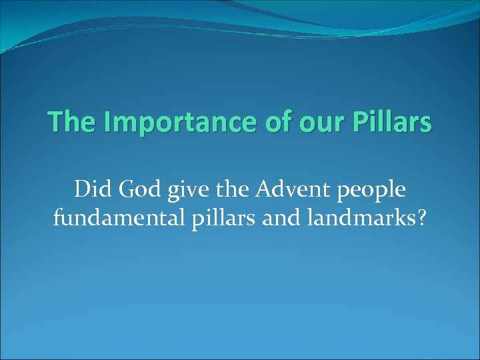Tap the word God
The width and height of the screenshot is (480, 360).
(x=136, y=190)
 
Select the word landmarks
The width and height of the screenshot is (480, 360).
(x=357, y=217)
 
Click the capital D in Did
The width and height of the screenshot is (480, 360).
(x=81, y=190)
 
